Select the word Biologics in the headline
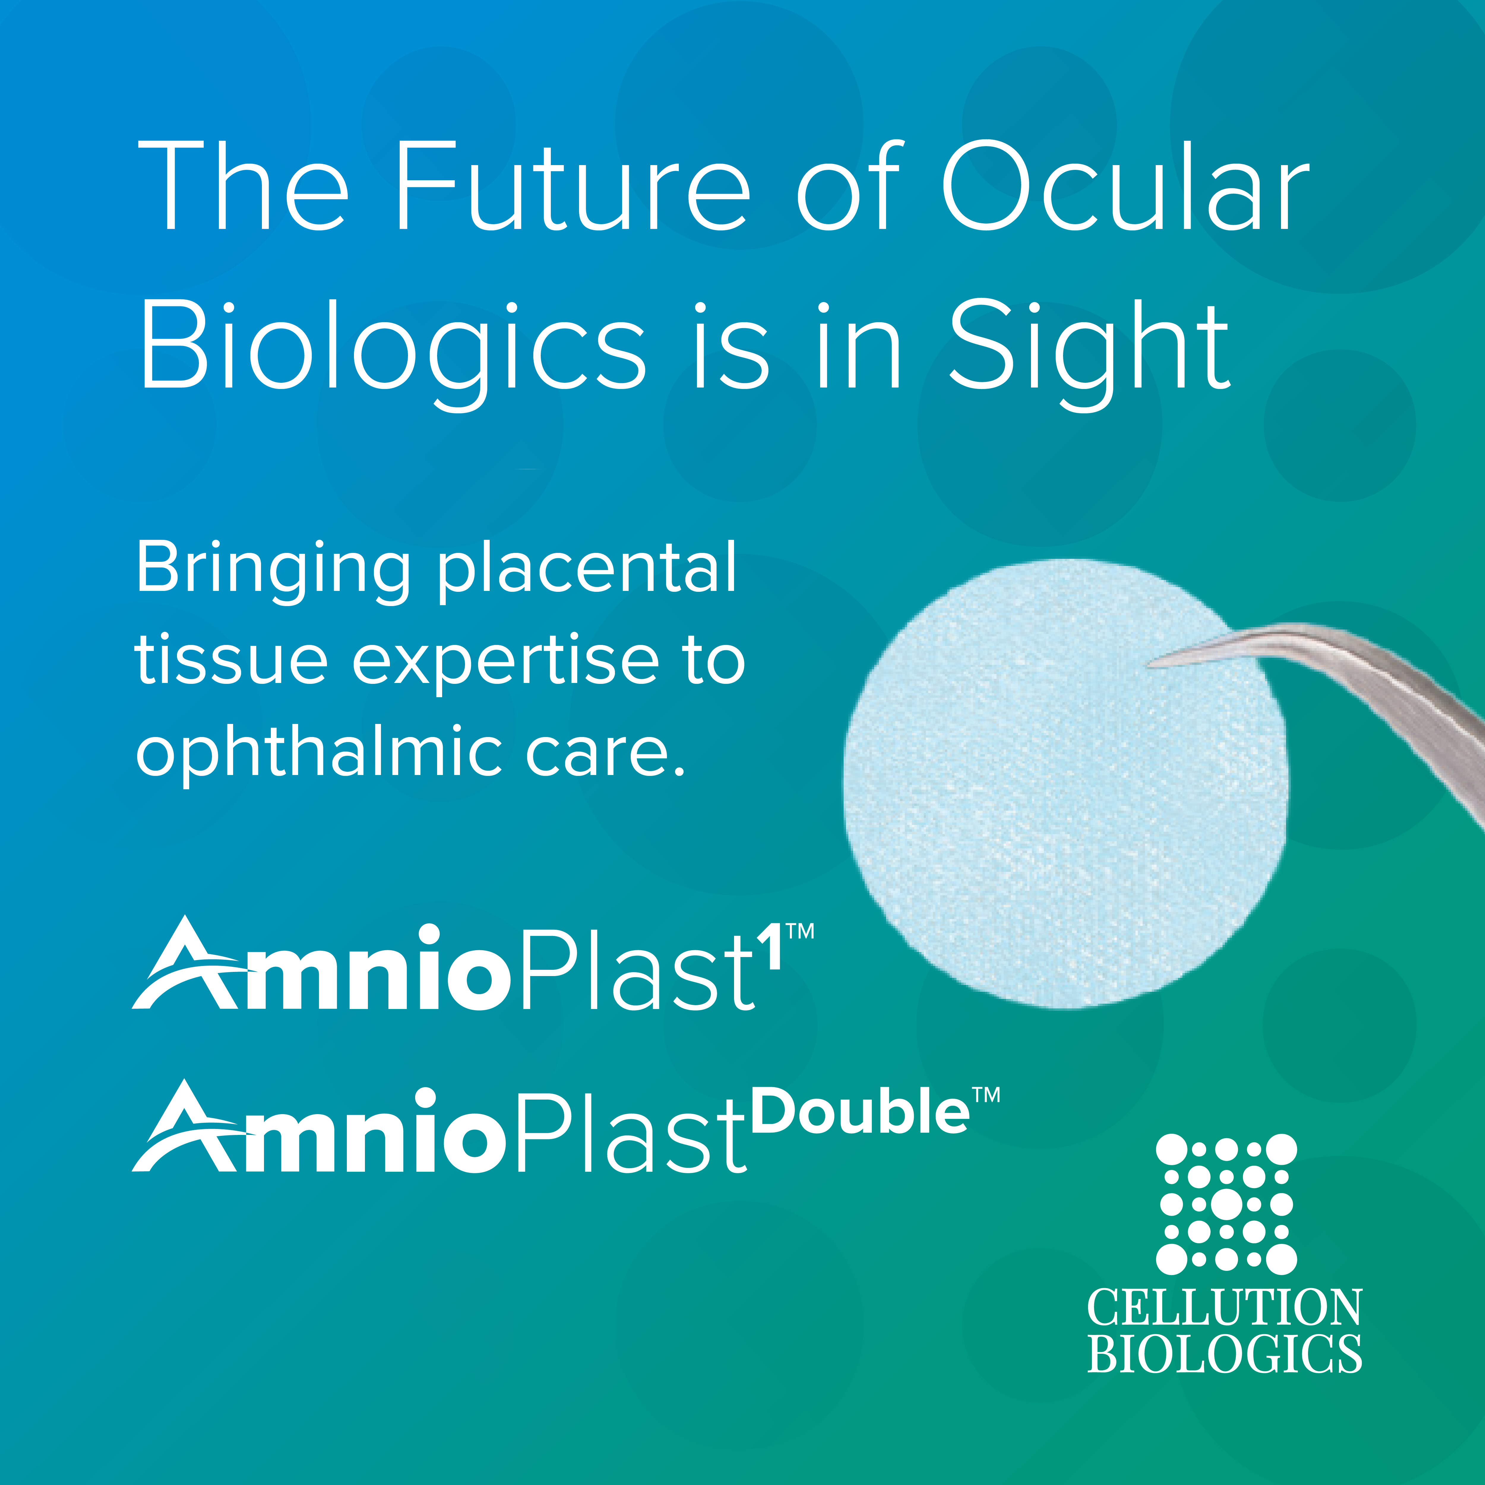coord(392,347)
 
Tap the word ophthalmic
coord(318,753)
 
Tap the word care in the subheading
coord(604,753)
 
